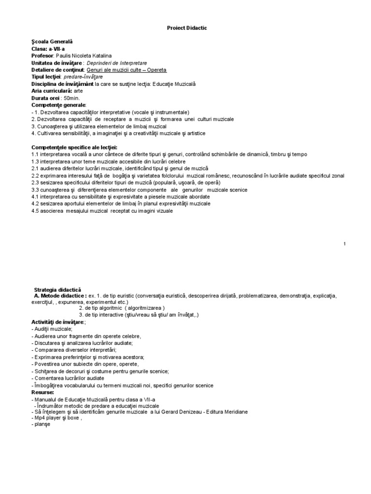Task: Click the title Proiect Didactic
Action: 186,28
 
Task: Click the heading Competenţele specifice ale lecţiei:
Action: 74,147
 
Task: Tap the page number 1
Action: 344,244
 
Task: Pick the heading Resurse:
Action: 43,393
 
